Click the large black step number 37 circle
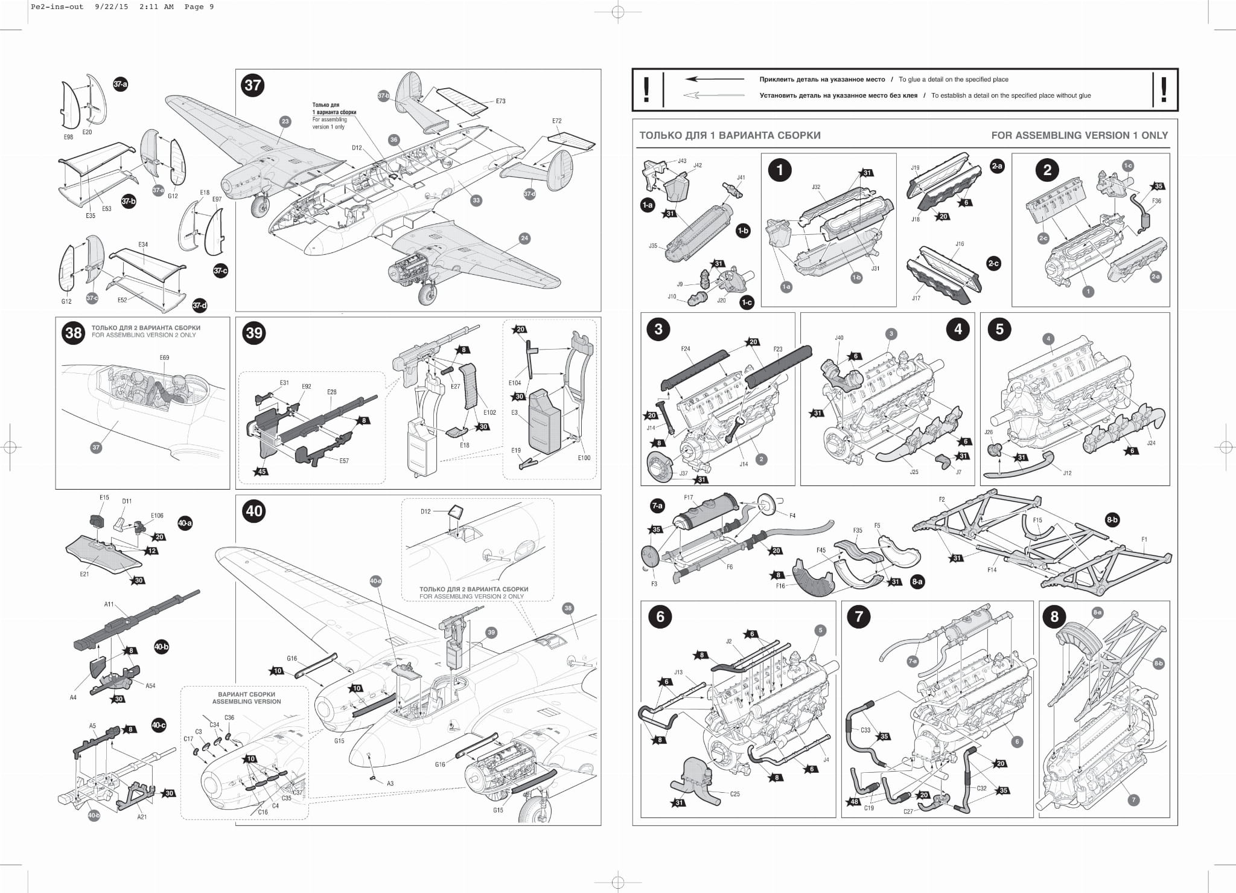(253, 85)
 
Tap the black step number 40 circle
(254, 511)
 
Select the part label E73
(500, 101)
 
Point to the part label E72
(556, 121)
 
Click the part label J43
(682, 161)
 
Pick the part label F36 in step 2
(1156, 201)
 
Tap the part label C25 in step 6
(734, 794)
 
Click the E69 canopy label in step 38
(164, 357)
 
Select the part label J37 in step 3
(683, 473)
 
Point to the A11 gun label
(109, 604)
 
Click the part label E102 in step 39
(489, 412)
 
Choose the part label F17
(689, 498)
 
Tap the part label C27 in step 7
(908, 811)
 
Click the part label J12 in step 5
(1067, 473)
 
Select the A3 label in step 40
(390, 784)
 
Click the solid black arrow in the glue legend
(715, 79)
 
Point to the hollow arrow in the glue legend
(715, 95)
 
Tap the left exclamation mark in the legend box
(646, 90)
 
